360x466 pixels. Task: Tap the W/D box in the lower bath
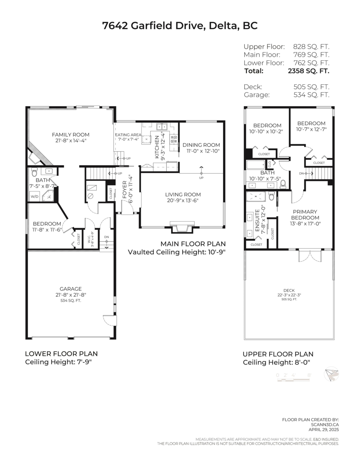[35, 196]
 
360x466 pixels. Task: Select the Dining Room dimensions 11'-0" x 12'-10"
[201, 151]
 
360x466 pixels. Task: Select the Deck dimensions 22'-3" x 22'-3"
[289, 295]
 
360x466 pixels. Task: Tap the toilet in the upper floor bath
[283, 183]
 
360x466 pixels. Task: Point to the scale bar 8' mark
[310, 375]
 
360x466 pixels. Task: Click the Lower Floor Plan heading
[61, 354]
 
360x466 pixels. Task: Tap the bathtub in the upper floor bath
[257, 166]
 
